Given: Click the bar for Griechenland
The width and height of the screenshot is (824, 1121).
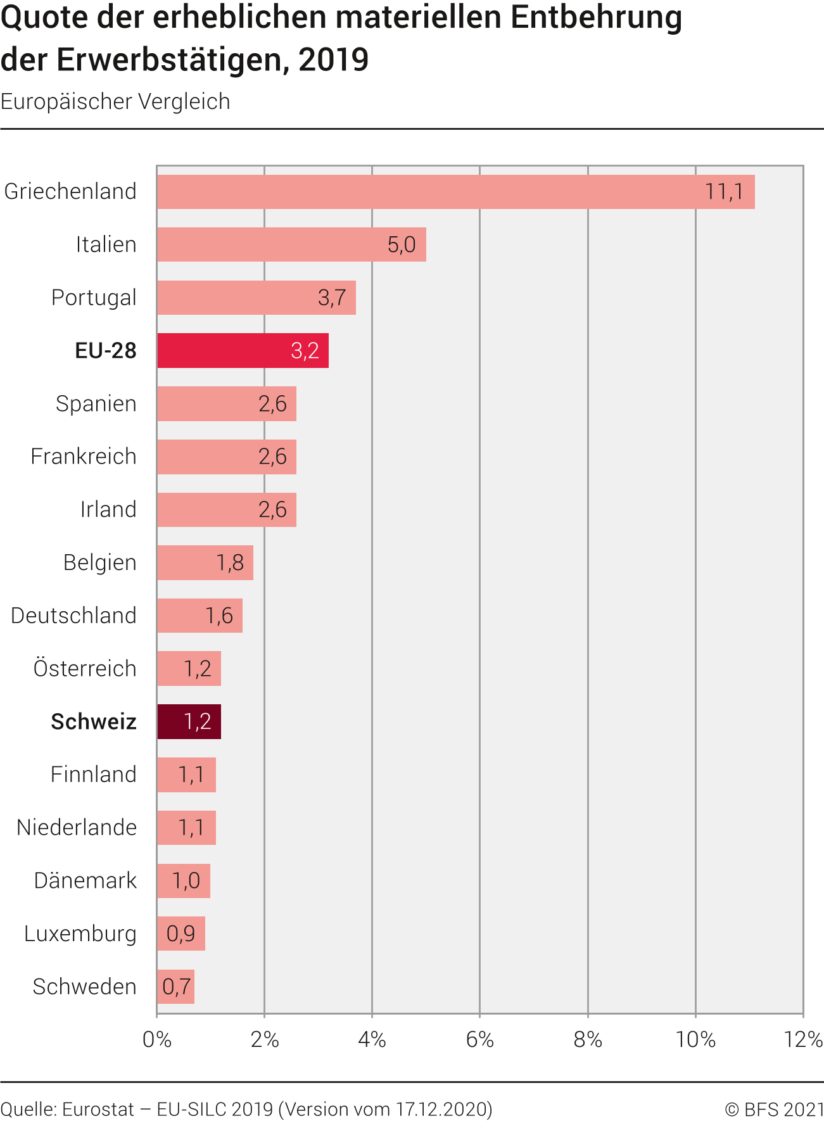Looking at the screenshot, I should tap(456, 192).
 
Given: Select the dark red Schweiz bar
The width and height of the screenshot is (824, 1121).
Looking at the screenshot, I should tap(189, 721).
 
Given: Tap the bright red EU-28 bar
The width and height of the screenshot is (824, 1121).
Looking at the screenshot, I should tap(243, 350).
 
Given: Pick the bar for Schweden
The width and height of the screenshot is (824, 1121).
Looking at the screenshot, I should tap(175, 987).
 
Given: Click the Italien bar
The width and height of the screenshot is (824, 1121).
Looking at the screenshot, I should tap(291, 244).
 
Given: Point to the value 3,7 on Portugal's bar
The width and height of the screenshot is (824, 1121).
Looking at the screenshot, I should tap(332, 298).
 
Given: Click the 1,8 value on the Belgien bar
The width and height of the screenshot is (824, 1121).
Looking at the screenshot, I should tap(230, 562).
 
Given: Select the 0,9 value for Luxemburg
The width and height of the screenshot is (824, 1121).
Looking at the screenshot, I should tap(181, 934).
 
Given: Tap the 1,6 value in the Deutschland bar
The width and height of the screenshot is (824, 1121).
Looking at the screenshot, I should tap(219, 616).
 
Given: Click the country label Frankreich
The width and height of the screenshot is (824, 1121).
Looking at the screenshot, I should tap(84, 457).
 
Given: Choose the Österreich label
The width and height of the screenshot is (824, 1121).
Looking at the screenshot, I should tap(85, 669).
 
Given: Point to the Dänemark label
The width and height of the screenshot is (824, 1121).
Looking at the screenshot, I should tap(86, 881).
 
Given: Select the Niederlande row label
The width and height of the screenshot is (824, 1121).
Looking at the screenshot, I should tap(77, 828).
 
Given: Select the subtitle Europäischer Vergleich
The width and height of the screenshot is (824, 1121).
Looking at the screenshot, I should tap(115, 102).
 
